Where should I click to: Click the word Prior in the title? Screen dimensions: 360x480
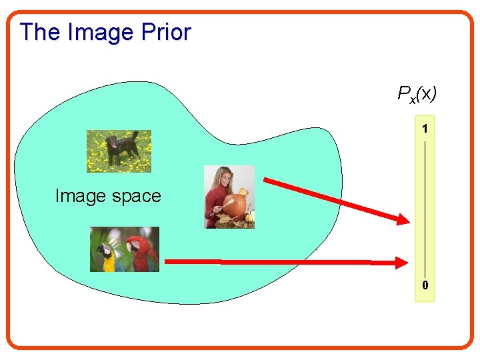click(167, 32)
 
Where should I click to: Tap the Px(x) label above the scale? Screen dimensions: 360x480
click(417, 94)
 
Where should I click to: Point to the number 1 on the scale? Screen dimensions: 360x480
click(425, 127)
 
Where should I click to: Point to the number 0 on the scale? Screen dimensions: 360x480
click(425, 286)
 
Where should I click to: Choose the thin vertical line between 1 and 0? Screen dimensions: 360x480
click(425, 207)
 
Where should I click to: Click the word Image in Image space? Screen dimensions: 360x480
click(79, 196)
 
